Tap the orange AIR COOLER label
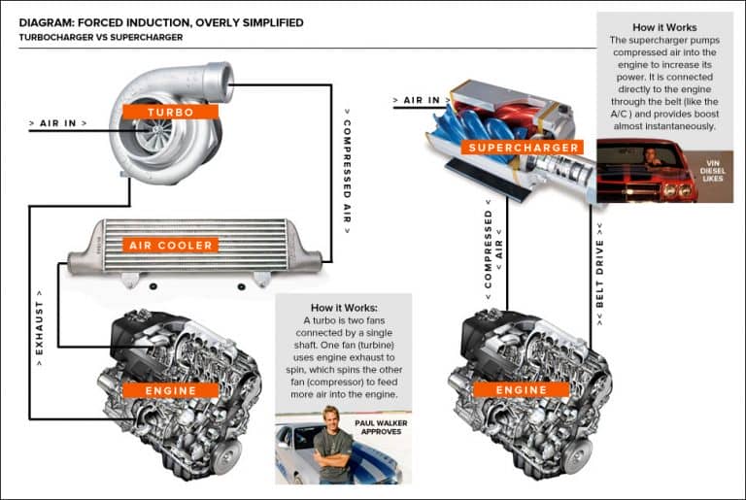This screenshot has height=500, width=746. pos(171,246)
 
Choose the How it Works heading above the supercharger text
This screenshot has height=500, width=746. pos(664,27)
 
